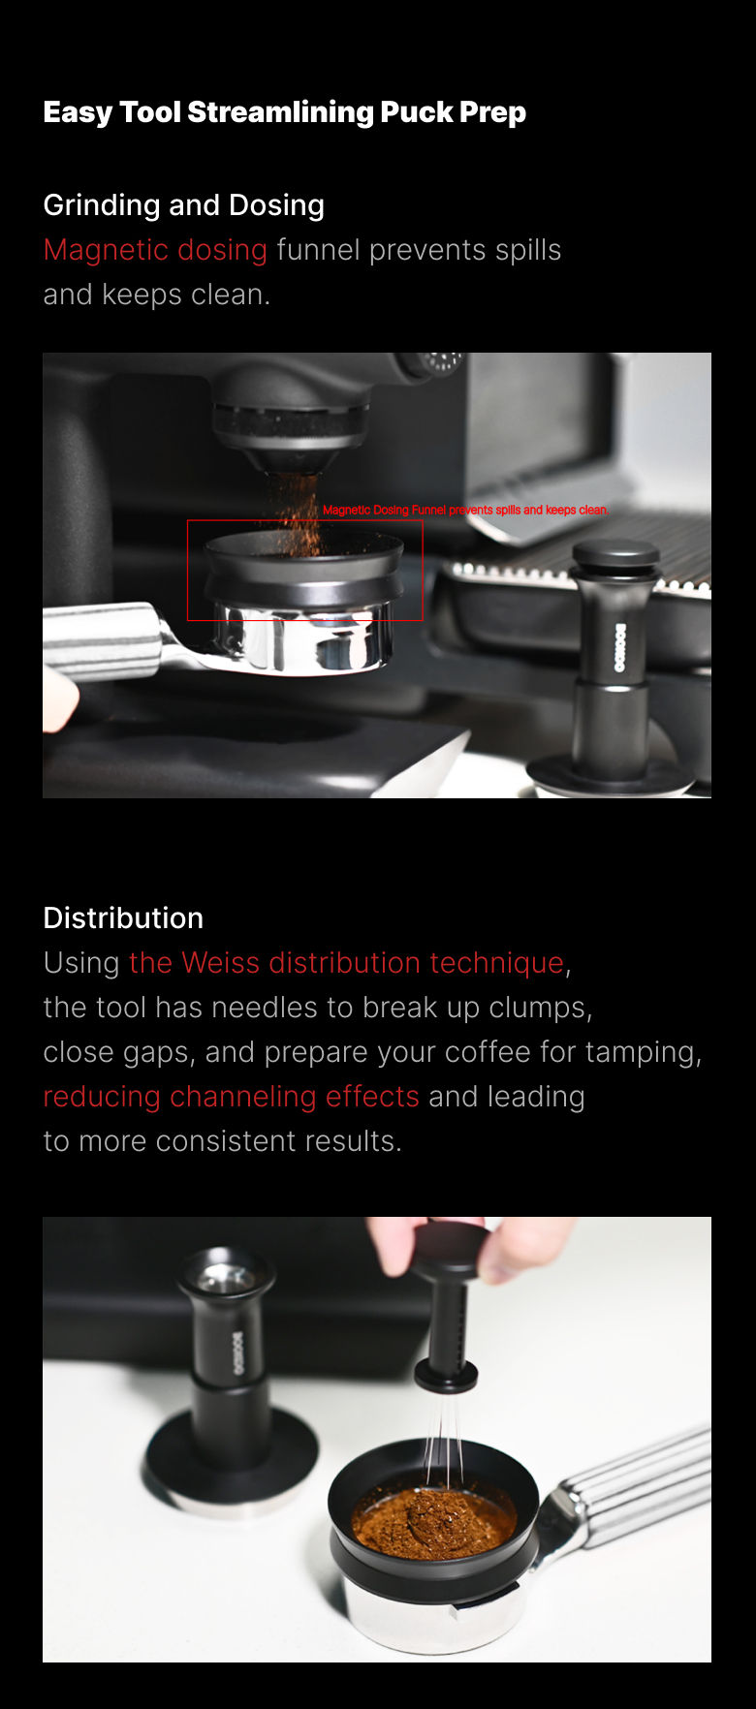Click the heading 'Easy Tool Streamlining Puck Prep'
pos(285,112)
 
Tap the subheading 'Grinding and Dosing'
pos(184,205)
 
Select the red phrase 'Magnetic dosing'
pos(155,250)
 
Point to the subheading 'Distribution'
pos(123,917)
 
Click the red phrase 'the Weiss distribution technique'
pos(346,963)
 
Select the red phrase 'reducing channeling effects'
pos(231,1097)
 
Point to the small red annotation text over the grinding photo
pos(465,510)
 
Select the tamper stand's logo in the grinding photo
pos(619,648)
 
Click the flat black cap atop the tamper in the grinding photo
pos(616,556)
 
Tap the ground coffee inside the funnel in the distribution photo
pos(433,1518)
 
